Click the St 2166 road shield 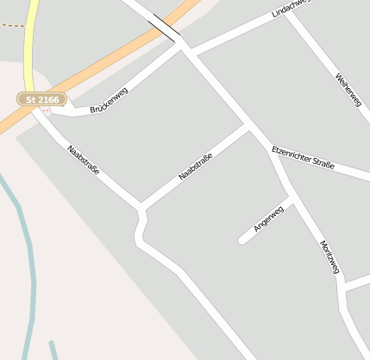(x=41, y=99)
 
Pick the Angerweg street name (x=268, y=219)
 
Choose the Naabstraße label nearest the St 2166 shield (x=83, y=160)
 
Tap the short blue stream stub (x=53, y=350)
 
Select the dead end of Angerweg (x=243, y=239)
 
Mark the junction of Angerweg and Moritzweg (x=292, y=199)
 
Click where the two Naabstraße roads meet (x=141, y=207)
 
